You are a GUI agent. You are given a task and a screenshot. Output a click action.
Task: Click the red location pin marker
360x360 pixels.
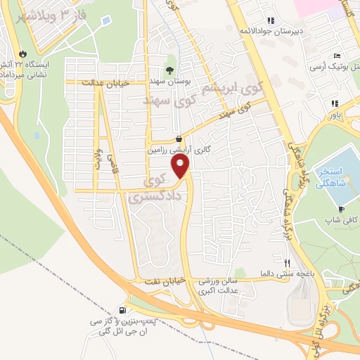click(181, 167)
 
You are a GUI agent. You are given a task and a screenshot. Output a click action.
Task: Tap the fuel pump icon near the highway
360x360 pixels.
click(124, 311)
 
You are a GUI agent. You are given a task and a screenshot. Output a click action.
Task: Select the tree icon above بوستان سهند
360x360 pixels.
click(169, 70)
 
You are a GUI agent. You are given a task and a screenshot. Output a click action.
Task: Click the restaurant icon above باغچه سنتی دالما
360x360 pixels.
click(286, 263)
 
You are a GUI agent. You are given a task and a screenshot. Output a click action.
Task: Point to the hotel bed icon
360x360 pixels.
click(337, 56)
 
